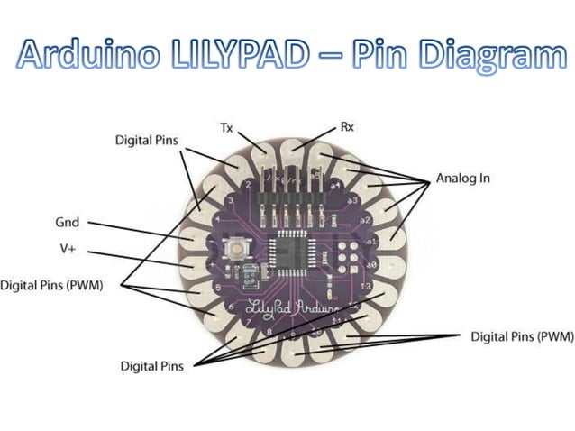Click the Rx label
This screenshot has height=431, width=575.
[x=346, y=128]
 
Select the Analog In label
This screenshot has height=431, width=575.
[x=463, y=178]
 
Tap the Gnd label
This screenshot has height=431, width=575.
[x=68, y=222]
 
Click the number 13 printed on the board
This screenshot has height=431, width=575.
[x=364, y=287]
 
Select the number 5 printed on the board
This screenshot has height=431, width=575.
[x=219, y=287]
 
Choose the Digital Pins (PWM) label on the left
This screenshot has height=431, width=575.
[x=51, y=286]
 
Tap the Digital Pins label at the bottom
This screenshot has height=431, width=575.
[x=151, y=366]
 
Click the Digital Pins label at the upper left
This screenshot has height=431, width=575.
[x=147, y=141]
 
